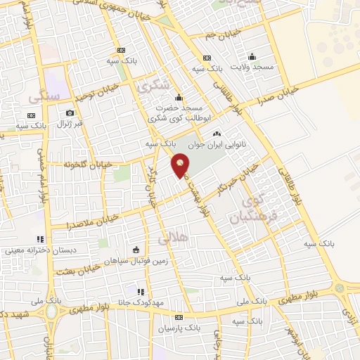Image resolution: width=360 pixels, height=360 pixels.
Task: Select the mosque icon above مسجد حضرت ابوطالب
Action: [179, 97]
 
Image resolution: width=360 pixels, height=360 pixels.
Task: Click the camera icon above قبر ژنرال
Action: [70, 112]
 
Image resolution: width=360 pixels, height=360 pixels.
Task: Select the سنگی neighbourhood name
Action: [32, 95]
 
